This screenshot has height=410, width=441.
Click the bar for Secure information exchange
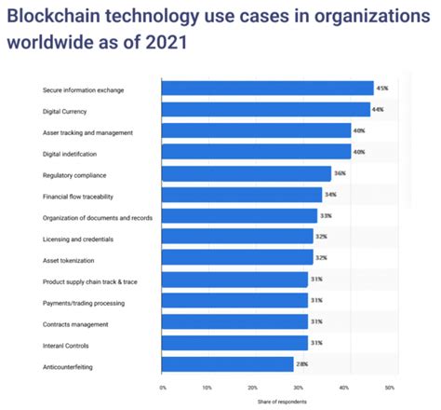(267, 89)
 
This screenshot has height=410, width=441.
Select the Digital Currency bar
(265, 110)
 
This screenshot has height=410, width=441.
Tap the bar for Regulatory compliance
(246, 173)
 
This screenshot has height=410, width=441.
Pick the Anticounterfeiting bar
(228, 364)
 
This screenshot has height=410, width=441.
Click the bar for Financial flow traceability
(241, 195)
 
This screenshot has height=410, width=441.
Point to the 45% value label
(381, 89)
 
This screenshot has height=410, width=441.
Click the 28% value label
(304, 364)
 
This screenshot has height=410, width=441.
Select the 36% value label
(341, 173)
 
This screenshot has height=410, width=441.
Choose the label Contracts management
(76, 323)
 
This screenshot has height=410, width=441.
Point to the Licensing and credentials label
(81, 238)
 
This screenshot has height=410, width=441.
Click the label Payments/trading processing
(85, 302)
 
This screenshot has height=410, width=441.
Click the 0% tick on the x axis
(163, 386)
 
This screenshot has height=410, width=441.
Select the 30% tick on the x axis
(299, 386)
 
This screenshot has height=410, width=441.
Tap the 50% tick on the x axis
(389, 386)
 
